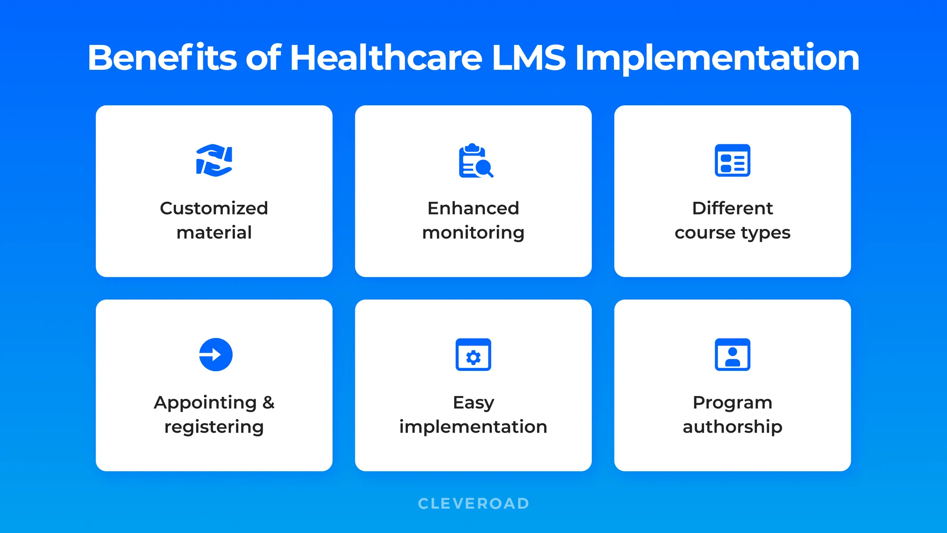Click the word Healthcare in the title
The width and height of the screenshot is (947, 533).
click(385, 58)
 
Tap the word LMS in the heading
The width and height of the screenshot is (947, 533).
click(528, 58)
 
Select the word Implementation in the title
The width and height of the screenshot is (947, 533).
click(717, 58)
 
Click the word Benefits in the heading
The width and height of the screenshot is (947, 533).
click(162, 58)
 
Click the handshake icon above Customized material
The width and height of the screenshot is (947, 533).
click(214, 160)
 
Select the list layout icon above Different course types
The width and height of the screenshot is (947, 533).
click(732, 160)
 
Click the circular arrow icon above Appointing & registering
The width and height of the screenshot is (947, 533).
click(216, 354)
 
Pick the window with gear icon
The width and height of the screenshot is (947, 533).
click(473, 354)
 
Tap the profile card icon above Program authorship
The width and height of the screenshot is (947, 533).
click(732, 354)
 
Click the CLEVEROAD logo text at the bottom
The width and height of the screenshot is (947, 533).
click(473, 503)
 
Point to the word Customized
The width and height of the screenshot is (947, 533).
click(214, 208)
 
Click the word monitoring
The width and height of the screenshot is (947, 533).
click(473, 233)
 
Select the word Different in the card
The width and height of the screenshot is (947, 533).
click(732, 208)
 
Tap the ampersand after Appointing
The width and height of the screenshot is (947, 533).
click(268, 402)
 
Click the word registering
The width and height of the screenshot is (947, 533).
click(214, 427)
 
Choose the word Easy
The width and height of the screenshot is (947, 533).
click(473, 403)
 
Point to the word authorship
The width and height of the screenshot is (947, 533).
click(732, 427)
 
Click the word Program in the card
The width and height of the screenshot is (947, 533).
click(732, 403)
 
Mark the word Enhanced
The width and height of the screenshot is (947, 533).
click(473, 208)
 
